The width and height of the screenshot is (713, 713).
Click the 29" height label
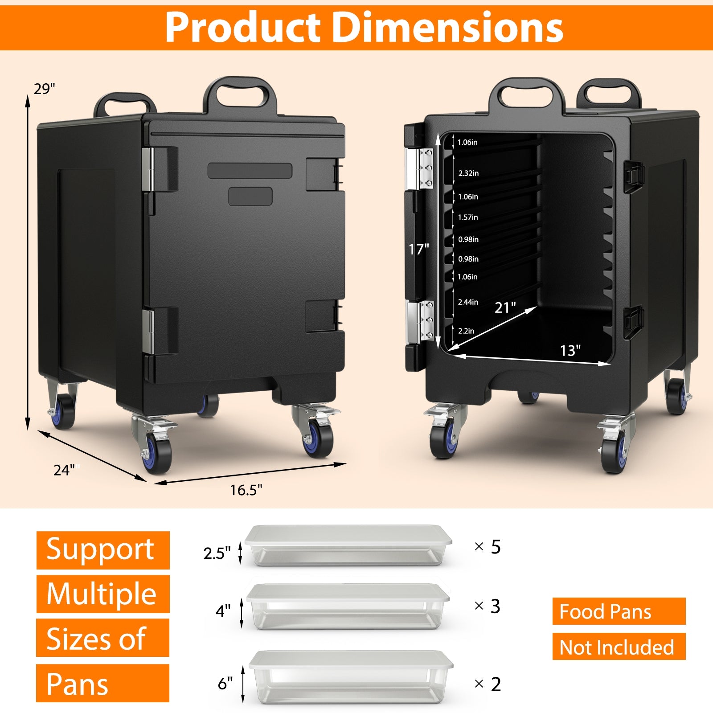tap(44, 89)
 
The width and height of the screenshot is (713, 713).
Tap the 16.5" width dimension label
tap(246, 490)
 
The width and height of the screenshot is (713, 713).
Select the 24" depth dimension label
tap(66, 470)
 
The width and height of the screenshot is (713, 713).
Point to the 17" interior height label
tap(418, 250)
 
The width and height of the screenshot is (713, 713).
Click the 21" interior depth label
tap(505, 307)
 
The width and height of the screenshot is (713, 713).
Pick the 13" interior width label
tap(570, 351)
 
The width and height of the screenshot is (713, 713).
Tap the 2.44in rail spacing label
tap(468, 302)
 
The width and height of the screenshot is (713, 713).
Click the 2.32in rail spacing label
tap(468, 173)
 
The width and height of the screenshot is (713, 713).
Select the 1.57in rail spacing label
tap(468, 217)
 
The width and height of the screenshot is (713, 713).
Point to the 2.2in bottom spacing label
tap(466, 331)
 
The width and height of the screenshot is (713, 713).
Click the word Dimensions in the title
tap(448, 28)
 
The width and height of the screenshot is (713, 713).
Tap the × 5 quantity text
tap(488, 547)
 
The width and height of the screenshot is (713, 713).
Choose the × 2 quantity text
tap(488, 684)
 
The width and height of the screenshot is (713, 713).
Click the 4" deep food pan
tap(348, 607)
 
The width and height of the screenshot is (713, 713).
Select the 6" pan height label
tap(225, 683)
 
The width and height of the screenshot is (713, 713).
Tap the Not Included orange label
tap(619, 647)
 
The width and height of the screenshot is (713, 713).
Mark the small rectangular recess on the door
tap(250, 197)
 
